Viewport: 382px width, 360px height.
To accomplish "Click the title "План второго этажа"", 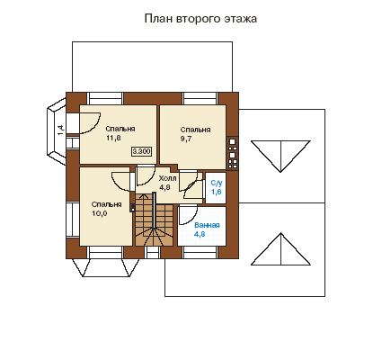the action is coord(200,19).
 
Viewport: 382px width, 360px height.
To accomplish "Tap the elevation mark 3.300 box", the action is coord(141,151).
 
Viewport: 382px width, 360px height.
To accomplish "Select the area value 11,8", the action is coord(113,139).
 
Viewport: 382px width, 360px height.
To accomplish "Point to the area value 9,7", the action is coord(186,139).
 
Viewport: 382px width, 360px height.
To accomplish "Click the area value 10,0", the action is coord(100,213).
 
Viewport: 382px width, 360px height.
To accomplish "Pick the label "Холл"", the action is coord(167,179).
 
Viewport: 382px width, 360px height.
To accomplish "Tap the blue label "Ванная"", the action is coord(207,225).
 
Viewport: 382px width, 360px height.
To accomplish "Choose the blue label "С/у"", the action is coord(217,183).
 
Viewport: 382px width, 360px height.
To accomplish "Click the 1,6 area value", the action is coord(217,192).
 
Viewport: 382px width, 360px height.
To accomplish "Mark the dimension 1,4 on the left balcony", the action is coord(60,130).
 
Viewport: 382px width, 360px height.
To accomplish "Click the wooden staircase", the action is coord(154,220).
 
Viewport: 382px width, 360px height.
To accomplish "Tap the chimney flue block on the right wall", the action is coord(232,153).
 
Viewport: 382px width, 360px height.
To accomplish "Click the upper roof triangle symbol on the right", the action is coord(280,156).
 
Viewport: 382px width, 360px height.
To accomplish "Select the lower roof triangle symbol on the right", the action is coord(280,249).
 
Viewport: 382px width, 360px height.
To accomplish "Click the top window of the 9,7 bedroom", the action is coord(200,98).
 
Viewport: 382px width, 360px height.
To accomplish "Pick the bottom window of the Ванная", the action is coord(200,253).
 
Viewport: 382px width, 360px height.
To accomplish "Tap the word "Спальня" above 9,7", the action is coord(195,130).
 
